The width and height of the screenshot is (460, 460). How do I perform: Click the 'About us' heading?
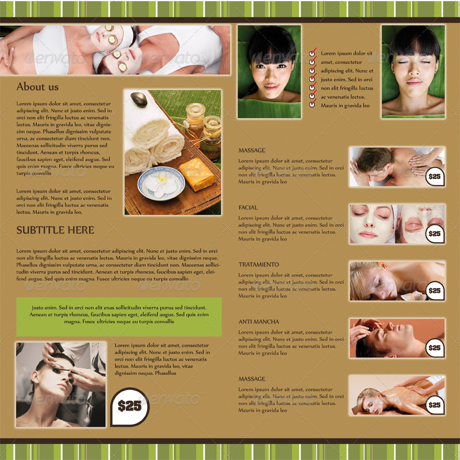(x=37, y=87)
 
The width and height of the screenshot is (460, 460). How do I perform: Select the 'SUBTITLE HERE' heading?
(x=55, y=230)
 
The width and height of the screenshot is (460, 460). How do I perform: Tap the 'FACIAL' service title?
(x=248, y=207)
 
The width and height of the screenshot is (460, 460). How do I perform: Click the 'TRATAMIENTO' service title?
(x=259, y=264)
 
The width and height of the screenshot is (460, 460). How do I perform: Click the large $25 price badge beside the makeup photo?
(x=129, y=406)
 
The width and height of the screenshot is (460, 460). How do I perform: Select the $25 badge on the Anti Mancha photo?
(x=435, y=347)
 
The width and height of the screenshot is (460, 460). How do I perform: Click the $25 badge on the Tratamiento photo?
(x=435, y=290)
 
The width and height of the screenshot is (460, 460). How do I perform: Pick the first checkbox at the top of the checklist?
(x=312, y=53)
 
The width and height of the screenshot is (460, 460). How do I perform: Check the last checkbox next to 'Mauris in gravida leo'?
(x=312, y=105)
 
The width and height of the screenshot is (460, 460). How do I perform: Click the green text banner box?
(x=119, y=317)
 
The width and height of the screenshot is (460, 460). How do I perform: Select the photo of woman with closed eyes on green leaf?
(x=413, y=71)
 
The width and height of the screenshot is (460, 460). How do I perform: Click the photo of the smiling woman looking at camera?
(x=269, y=71)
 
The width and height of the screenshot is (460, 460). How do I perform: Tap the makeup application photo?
(x=61, y=385)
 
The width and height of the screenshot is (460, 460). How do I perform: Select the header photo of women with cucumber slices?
(x=112, y=50)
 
